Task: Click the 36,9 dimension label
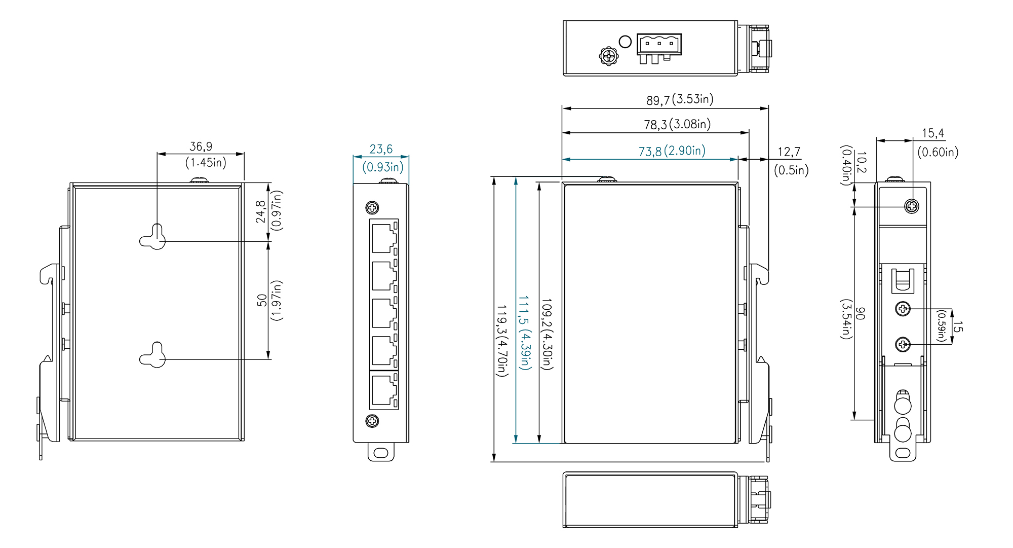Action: click(x=201, y=147)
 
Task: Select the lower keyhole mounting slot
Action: click(x=153, y=356)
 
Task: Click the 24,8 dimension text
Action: click(x=260, y=211)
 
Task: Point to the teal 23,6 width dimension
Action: click(x=381, y=149)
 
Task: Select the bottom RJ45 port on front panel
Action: click(x=384, y=390)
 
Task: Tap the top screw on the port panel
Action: click(x=372, y=207)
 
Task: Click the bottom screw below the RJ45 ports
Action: click(x=372, y=421)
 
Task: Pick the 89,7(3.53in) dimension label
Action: click(x=680, y=99)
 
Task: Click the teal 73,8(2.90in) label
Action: click(x=672, y=151)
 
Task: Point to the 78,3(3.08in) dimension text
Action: click(x=677, y=124)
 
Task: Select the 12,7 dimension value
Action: click(x=789, y=152)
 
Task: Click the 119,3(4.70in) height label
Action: click(x=501, y=340)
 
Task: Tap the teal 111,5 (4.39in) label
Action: click(x=524, y=333)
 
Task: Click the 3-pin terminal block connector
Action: click(x=659, y=44)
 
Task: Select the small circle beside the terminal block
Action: click(x=626, y=42)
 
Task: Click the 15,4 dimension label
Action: click(x=932, y=133)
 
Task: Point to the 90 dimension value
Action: click(x=860, y=313)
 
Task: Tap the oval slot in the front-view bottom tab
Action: click(x=380, y=453)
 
